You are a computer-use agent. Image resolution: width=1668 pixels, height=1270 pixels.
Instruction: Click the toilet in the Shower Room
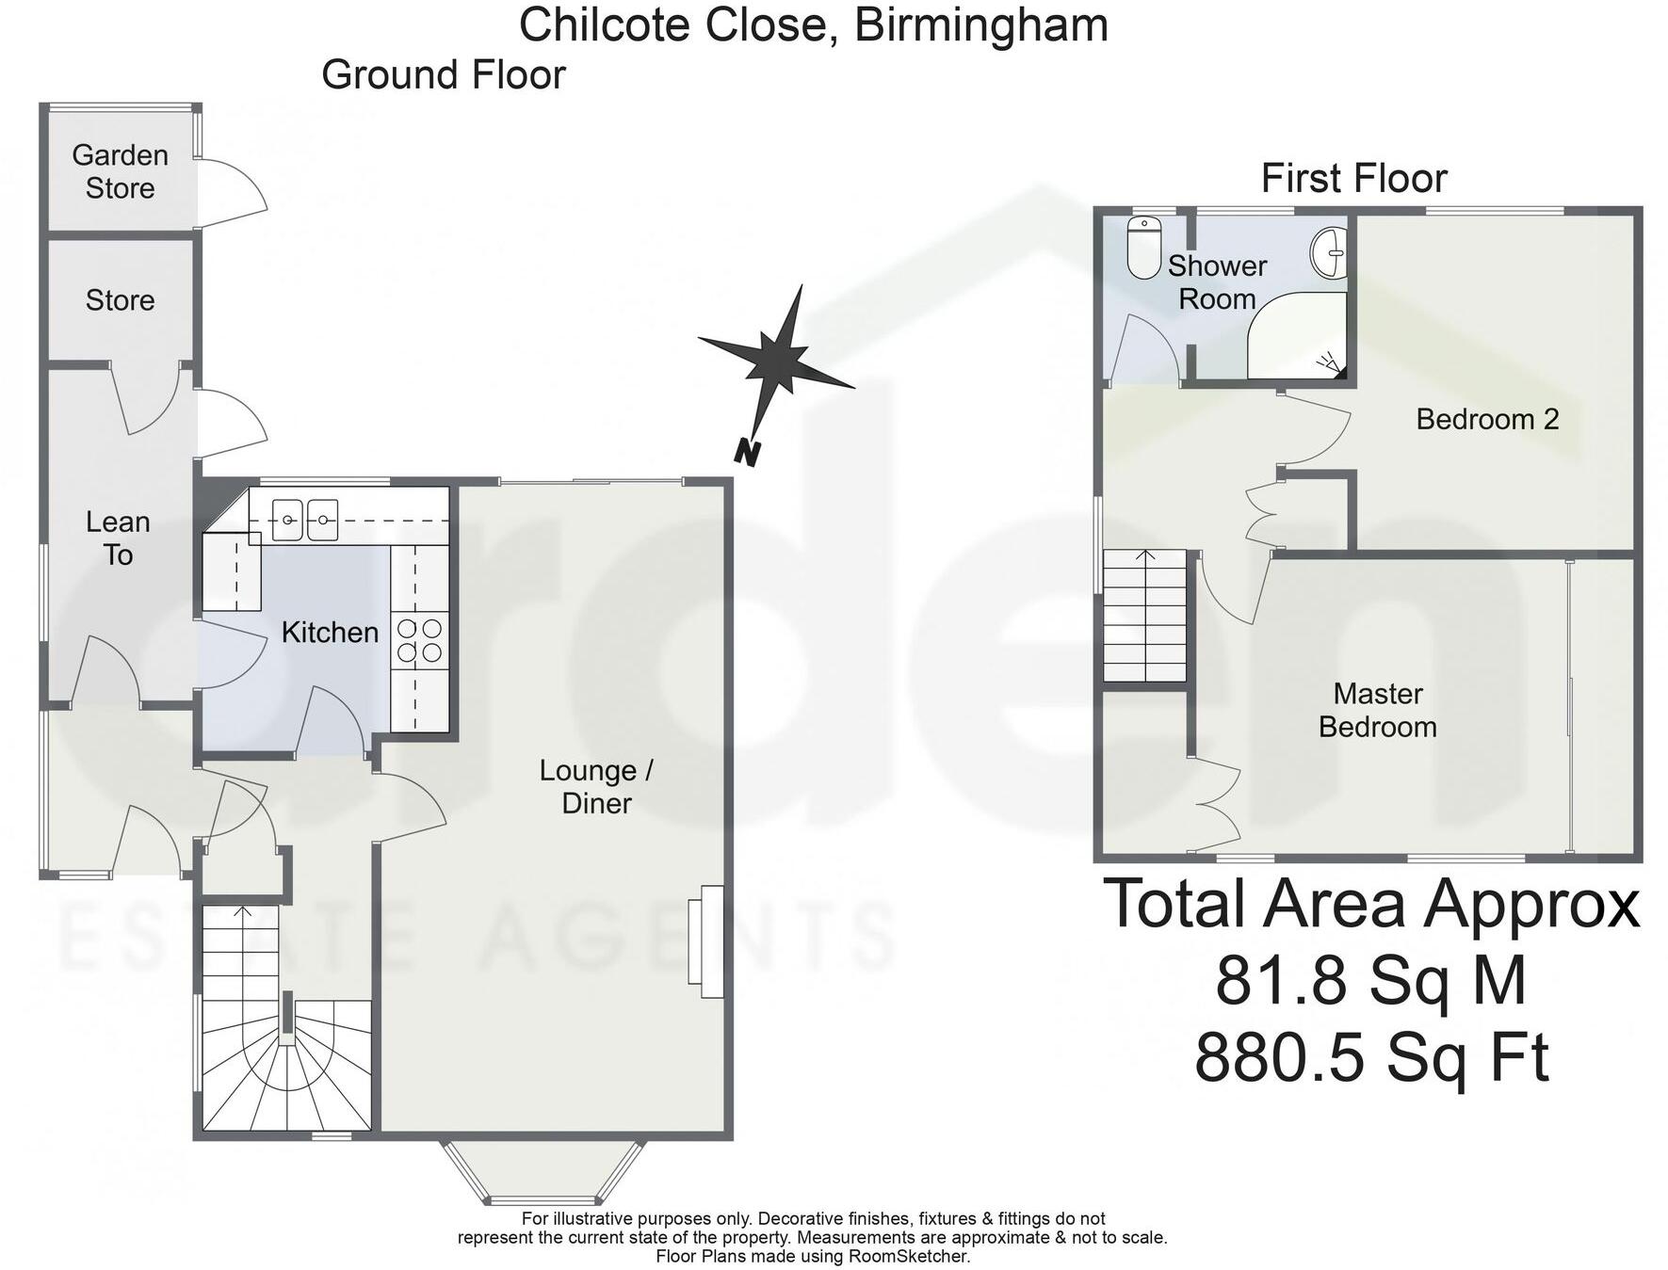1143,249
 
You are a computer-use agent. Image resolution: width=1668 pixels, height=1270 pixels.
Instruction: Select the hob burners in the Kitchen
420,639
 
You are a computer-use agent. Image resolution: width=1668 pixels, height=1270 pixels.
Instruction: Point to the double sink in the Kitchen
304,520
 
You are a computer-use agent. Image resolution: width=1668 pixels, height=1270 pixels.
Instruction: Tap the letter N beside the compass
747,453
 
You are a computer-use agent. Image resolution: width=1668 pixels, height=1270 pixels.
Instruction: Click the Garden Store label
120,171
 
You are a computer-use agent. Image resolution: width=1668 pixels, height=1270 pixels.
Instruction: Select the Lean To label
118,538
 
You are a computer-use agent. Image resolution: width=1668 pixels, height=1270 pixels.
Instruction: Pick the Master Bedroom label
1377,710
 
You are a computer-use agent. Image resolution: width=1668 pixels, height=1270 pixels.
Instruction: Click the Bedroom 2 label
1487,419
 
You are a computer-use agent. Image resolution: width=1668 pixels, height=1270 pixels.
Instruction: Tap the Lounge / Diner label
596,786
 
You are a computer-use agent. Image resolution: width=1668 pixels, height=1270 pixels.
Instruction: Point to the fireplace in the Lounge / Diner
706,941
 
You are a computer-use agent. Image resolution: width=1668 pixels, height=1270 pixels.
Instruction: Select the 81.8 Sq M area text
1370,980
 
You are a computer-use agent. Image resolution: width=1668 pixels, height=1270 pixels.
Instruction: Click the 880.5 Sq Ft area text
1371,1057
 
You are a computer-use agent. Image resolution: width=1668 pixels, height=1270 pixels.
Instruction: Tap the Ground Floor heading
443,75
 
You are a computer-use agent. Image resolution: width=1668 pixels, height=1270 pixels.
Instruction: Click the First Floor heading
1353,178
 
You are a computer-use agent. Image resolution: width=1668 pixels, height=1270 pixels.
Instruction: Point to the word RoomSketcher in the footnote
908,1256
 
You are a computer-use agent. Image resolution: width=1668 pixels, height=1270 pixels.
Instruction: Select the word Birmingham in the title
980,24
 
